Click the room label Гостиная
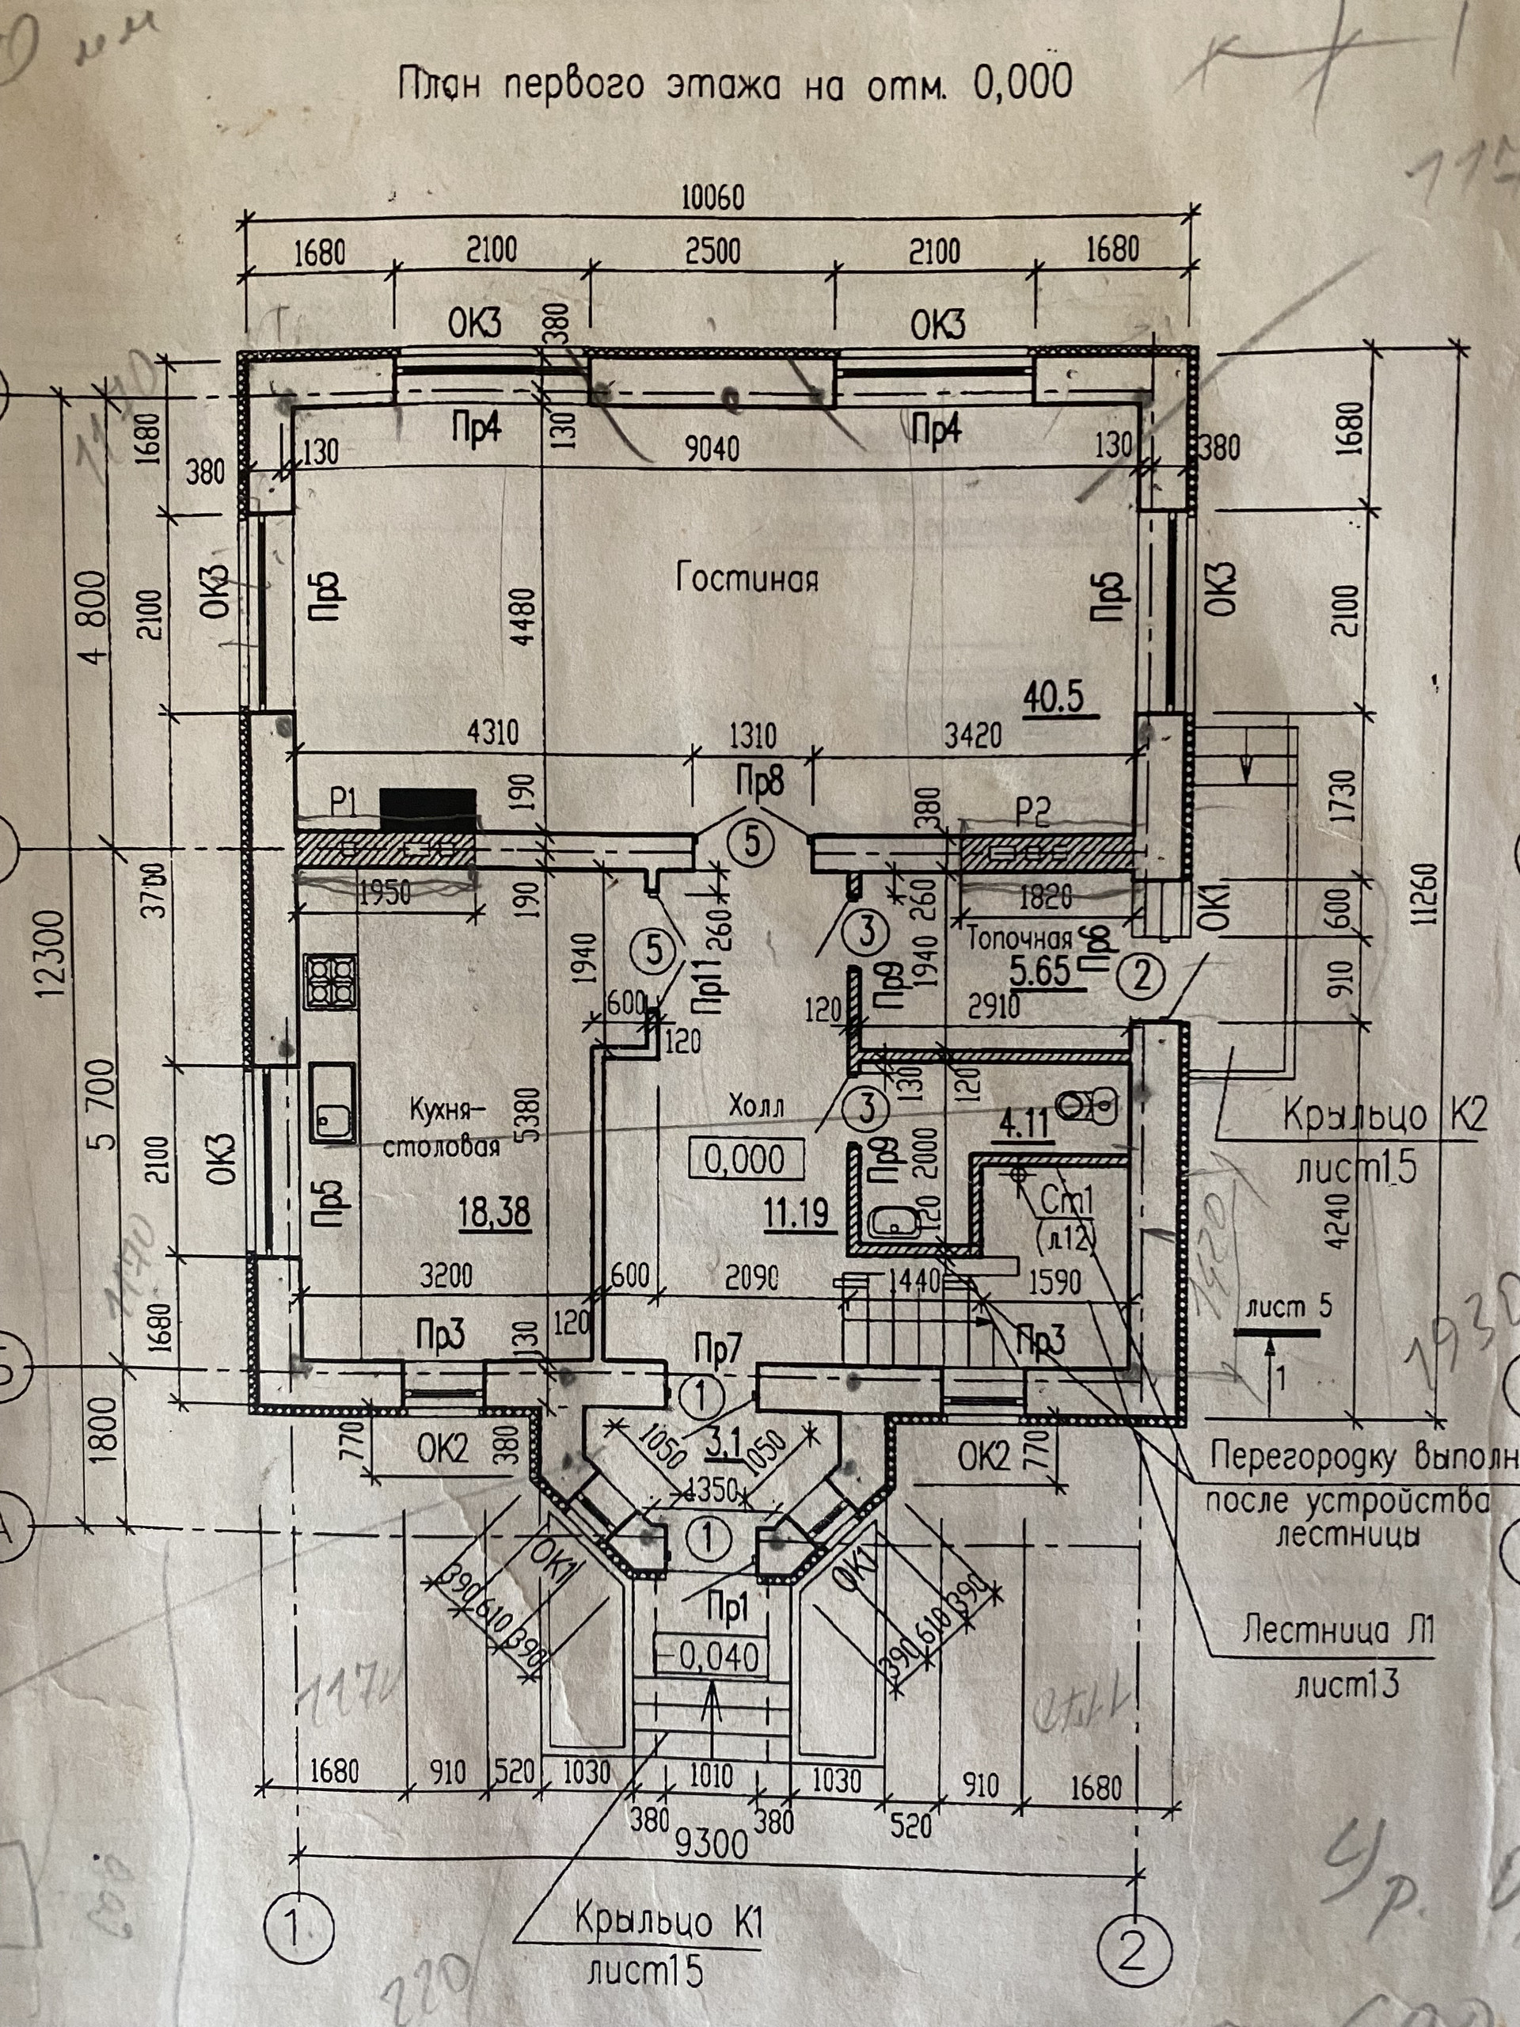point(747,579)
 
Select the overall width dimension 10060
point(712,197)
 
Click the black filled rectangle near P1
point(427,808)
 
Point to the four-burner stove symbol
point(331,980)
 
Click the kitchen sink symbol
point(332,1102)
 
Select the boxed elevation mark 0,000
point(745,1159)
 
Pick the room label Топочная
point(1020,938)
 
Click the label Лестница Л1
point(1338,1630)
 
